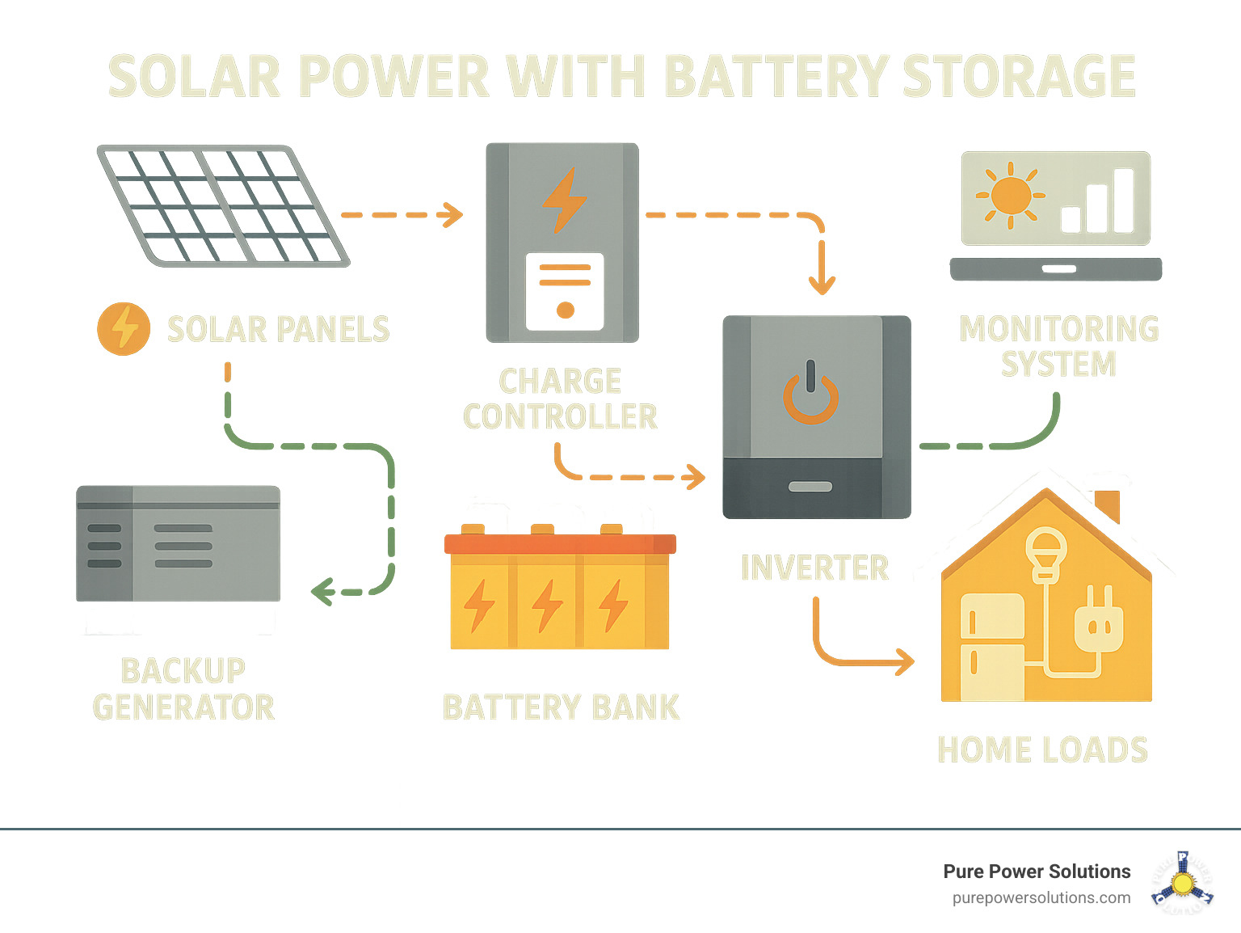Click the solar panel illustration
pos(223,205)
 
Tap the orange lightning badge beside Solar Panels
pos(124,329)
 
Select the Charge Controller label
pos(560,399)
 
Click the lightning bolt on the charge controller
pos(564,200)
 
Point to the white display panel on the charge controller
pos(565,291)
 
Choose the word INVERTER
pos(814,568)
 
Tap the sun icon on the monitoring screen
pos(1010,195)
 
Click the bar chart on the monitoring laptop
pos(1098,202)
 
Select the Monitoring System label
pos(1058,346)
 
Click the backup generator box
pos(179,543)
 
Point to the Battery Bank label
pos(561,707)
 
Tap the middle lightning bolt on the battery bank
pos(547,606)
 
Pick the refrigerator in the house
pos(991,647)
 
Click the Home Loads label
pos(1042,749)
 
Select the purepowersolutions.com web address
pos(1041,897)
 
